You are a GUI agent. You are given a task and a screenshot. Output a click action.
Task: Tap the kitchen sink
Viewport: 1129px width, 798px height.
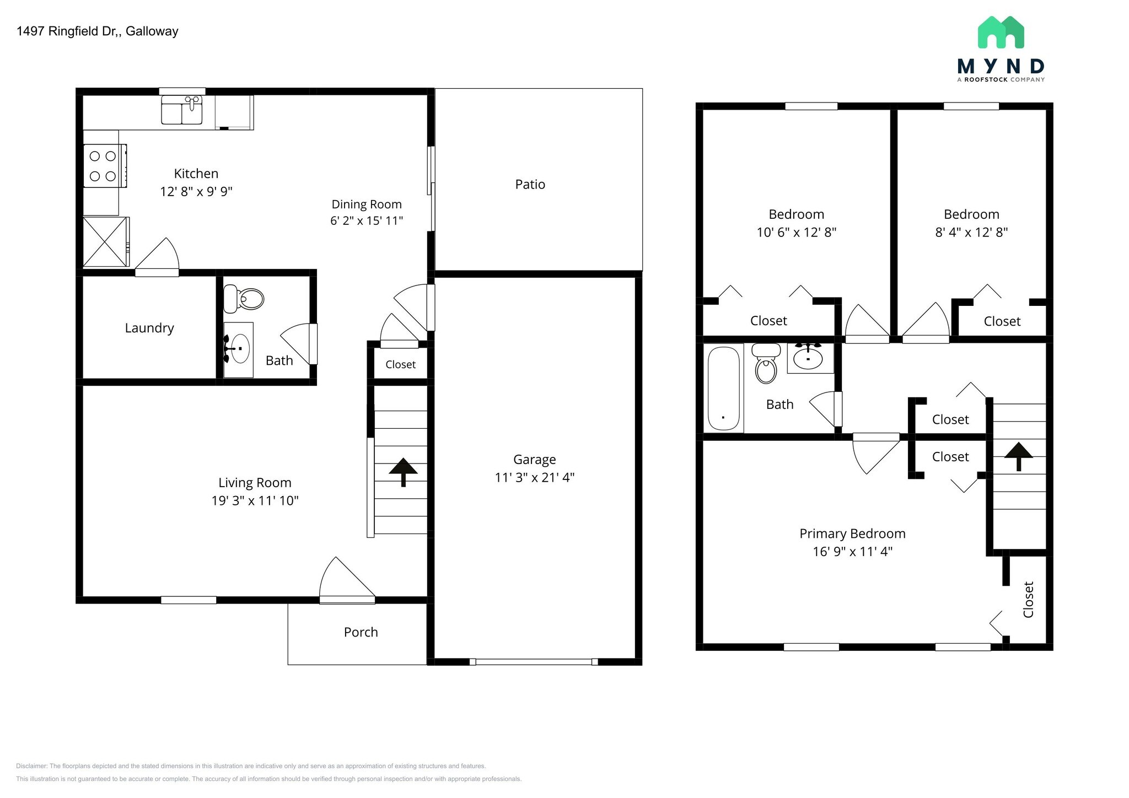182,110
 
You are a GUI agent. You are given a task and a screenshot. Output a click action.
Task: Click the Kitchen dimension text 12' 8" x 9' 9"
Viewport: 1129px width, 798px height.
196,192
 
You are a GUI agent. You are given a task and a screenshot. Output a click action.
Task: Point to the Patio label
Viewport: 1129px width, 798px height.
530,185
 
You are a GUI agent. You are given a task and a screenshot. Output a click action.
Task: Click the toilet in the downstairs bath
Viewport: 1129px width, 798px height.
244,299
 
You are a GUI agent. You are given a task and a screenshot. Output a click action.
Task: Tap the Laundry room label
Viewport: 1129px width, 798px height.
149,328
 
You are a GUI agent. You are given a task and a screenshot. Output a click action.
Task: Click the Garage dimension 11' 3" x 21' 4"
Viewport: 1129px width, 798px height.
534,477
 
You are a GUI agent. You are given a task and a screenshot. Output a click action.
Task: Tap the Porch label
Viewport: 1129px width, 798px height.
361,632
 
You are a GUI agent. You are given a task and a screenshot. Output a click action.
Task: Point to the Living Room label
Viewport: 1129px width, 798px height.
255,483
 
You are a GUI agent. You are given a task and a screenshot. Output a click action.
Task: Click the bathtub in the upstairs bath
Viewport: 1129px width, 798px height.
723,387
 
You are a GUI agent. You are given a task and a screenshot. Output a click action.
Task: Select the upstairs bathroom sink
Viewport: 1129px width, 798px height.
808,358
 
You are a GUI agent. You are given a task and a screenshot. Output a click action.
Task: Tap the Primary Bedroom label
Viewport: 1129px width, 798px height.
852,533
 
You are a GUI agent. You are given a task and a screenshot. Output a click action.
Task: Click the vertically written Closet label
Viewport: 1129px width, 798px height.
1028,600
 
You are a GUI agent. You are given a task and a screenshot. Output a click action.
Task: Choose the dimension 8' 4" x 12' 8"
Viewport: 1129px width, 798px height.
971,233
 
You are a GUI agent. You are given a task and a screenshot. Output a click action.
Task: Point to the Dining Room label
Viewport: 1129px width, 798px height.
366,204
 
